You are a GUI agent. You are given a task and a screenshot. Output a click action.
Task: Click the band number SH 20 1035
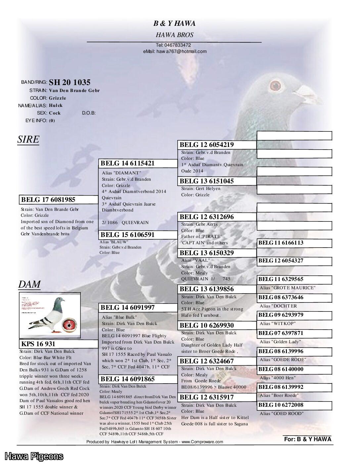tap(69, 82)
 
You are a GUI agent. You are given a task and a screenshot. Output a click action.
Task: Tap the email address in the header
tap(175, 51)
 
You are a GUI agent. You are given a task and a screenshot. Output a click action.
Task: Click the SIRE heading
tap(28, 139)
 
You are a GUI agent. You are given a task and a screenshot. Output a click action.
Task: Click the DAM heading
tap(29, 284)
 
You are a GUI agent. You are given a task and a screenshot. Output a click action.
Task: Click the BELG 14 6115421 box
tap(138, 163)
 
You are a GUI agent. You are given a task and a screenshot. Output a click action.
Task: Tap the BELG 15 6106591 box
tap(138, 235)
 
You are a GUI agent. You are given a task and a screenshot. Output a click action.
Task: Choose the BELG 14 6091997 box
tap(138, 307)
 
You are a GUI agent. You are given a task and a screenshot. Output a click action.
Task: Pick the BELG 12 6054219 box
tap(217, 145)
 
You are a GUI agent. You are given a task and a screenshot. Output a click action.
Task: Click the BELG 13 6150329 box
tap(217, 253)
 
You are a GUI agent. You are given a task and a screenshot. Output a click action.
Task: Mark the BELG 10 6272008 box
tap(294, 405)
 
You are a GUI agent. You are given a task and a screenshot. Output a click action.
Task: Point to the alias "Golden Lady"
tap(280, 342)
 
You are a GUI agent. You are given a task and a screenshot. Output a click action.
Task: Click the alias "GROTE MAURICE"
tap(287, 288)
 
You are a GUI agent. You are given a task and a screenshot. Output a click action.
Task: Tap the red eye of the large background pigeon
tap(275, 86)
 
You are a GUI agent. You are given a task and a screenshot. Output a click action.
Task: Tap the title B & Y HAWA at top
tap(174, 23)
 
